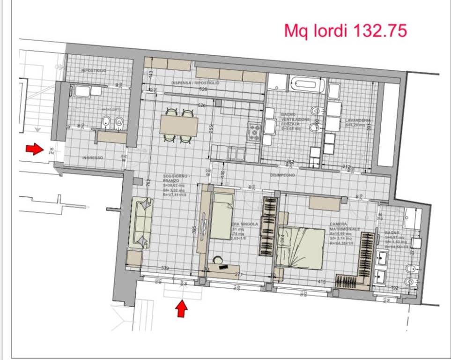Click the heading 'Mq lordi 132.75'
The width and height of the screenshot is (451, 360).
[x=346, y=30]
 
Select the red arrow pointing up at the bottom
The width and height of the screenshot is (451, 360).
[x=182, y=308]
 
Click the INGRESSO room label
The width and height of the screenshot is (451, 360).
[x=92, y=158]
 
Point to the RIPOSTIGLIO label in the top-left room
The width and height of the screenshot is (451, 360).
[x=94, y=70]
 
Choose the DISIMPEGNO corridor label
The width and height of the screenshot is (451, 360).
[x=282, y=175]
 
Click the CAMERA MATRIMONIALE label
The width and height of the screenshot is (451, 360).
[x=345, y=226]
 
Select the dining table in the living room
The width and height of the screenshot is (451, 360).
[x=178, y=125]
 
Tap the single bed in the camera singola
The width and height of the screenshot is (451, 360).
[x=222, y=216]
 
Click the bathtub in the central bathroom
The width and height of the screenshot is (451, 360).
[x=303, y=85]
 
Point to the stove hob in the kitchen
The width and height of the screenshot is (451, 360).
[x=255, y=132]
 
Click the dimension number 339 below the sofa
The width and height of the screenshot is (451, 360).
[x=164, y=268]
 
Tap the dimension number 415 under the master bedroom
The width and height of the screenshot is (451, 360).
[x=322, y=281]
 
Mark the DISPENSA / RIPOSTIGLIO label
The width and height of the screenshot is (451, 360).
[x=195, y=82]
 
